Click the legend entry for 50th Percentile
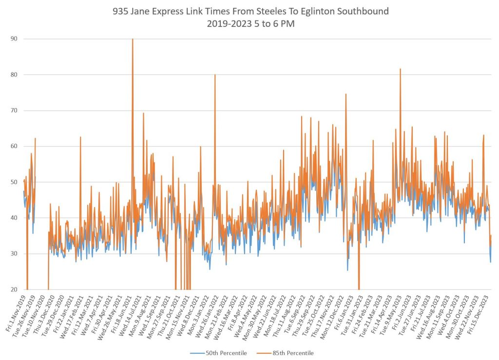pyautogui.click(x=221, y=353)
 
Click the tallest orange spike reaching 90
pyautogui.click(x=133, y=39)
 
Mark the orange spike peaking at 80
pyautogui.click(x=215, y=75)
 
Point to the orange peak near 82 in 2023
pyautogui.click(x=400, y=69)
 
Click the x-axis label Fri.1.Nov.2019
pyautogui.click(x=16, y=313)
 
